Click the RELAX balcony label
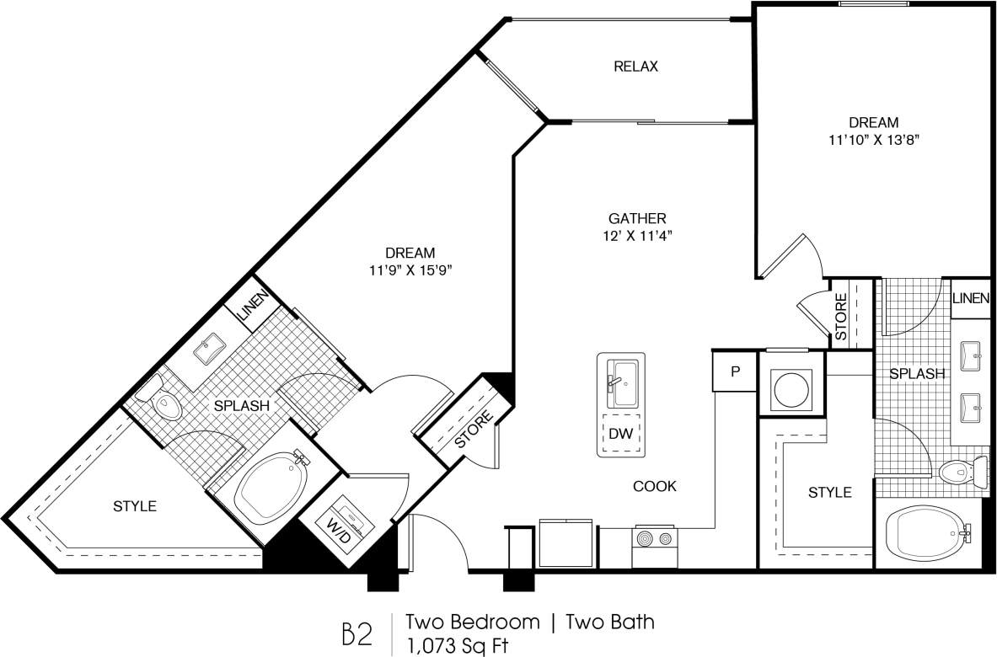[x=635, y=67]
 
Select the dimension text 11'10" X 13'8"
[x=872, y=140]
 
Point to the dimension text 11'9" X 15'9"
[x=410, y=270]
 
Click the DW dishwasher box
[x=621, y=434]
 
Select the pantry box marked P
[x=734, y=371]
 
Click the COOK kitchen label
[x=655, y=486]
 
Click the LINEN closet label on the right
[x=970, y=298]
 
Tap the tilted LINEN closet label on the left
[x=254, y=307]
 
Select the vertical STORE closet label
[x=840, y=316]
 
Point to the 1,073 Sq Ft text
[x=458, y=645]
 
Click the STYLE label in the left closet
[x=135, y=506]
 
